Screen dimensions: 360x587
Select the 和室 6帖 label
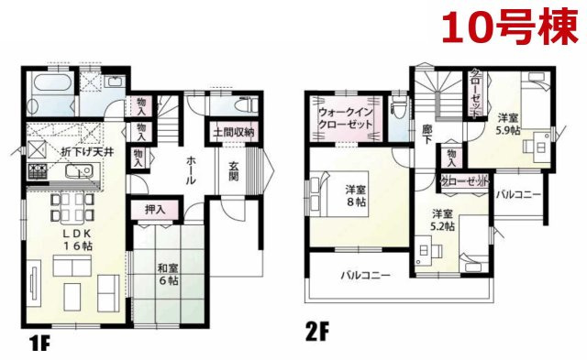click(167, 275)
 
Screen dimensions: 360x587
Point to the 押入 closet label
click(155, 210)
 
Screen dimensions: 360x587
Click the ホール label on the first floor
click(190, 170)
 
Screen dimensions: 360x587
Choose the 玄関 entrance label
click(234, 171)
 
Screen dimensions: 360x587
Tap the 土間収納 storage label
click(233, 134)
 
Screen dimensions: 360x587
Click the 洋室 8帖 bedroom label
click(357, 196)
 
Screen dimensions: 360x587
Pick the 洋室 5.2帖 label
click(445, 223)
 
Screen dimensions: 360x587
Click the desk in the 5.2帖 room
click(424, 248)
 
